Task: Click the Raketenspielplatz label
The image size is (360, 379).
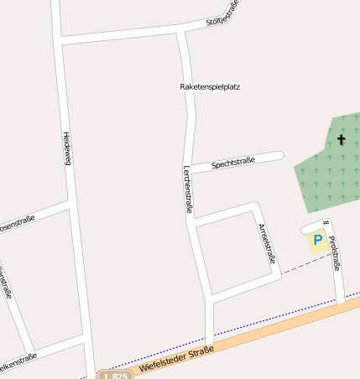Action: pyautogui.click(x=210, y=86)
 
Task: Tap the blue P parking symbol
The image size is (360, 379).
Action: pyautogui.click(x=318, y=240)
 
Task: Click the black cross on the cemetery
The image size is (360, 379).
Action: pyautogui.click(x=342, y=139)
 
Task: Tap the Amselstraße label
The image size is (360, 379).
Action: pyautogui.click(x=267, y=244)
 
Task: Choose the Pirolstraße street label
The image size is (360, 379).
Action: pyautogui.click(x=335, y=254)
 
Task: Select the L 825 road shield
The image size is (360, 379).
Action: pyautogui.click(x=115, y=375)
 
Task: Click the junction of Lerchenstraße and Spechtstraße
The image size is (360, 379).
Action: pyautogui.click(x=192, y=169)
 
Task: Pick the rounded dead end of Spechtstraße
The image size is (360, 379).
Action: pyautogui.click(x=280, y=154)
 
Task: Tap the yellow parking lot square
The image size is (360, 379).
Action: pyautogui.click(x=318, y=241)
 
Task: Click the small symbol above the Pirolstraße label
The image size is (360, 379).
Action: pyautogui.click(x=325, y=223)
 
